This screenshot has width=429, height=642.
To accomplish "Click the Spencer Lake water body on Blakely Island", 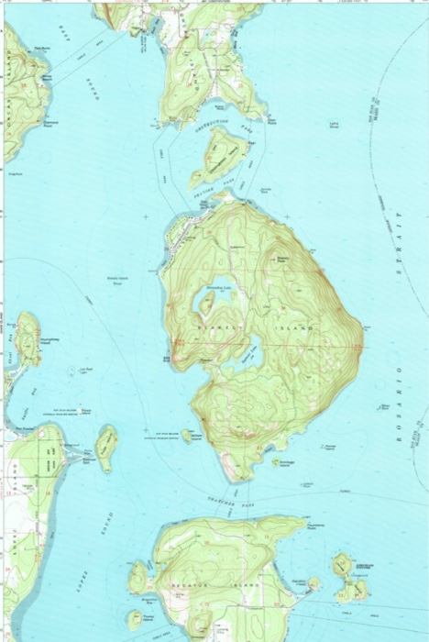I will (248, 352).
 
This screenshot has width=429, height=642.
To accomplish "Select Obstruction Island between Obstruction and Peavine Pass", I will (217, 155).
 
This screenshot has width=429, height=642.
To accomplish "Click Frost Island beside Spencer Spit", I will (105, 447).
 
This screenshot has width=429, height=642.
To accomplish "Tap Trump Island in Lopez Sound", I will (137, 578).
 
